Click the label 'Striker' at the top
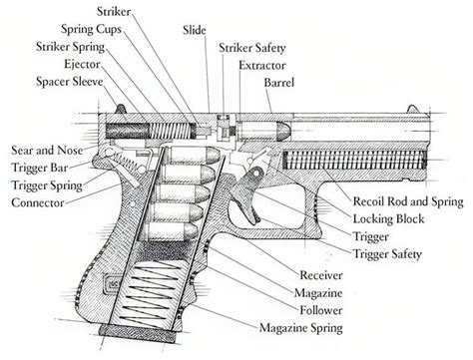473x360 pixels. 116,10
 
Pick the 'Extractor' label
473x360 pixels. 262,64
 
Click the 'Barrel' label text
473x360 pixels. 279,82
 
